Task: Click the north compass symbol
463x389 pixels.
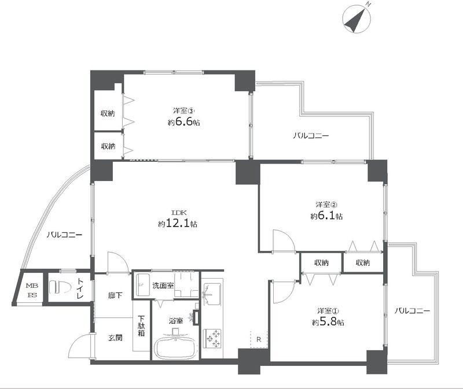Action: click(x=357, y=18)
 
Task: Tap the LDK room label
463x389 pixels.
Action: click(x=179, y=212)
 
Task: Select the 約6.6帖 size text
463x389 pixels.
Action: click(x=183, y=121)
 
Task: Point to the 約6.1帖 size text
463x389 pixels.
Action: click(x=326, y=216)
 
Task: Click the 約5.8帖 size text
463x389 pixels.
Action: click(x=328, y=322)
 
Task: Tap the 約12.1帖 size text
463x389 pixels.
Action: click(x=178, y=224)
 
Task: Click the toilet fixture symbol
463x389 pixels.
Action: click(x=59, y=286)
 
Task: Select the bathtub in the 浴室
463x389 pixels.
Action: click(x=175, y=347)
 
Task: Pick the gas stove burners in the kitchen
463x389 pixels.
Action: click(x=212, y=339)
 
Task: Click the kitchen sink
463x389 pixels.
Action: click(x=212, y=294)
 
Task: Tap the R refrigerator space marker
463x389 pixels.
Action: click(x=259, y=339)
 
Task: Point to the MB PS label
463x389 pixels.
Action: click(x=31, y=290)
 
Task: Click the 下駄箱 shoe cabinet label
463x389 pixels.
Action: click(x=141, y=325)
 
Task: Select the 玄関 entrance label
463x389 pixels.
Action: click(x=115, y=338)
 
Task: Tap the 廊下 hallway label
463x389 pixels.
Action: click(x=115, y=295)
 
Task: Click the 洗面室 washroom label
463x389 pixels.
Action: click(x=163, y=286)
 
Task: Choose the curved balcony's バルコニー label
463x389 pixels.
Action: click(x=64, y=235)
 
